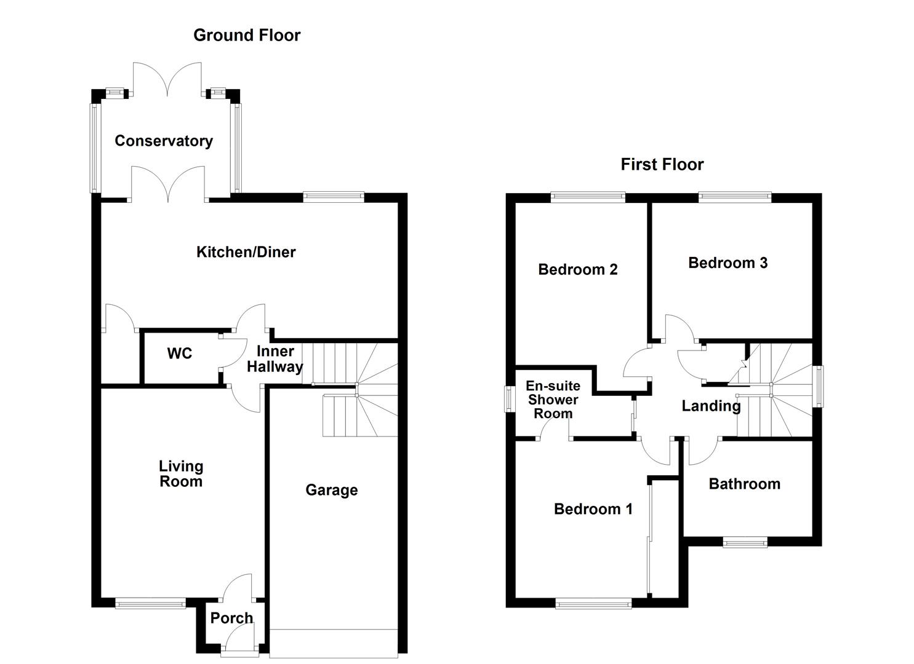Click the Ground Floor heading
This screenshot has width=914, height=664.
(247, 35)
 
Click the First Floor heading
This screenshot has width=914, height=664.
(662, 164)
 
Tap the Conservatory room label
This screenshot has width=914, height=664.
(164, 141)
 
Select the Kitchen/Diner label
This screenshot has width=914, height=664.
(246, 251)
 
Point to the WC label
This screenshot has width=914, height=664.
(179, 354)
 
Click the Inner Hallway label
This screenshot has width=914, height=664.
(275, 359)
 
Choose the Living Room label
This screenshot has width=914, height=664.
(180, 474)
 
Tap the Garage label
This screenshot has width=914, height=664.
(331, 490)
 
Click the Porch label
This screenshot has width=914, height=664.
(231, 618)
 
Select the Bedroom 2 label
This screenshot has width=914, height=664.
(577, 269)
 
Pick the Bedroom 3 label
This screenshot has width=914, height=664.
(728, 263)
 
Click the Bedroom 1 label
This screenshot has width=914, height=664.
(593, 508)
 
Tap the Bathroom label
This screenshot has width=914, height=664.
(744, 484)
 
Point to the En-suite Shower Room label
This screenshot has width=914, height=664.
(553, 400)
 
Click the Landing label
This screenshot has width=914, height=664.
(711, 406)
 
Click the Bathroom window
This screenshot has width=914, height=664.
(745, 542)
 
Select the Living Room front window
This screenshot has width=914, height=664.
(151, 604)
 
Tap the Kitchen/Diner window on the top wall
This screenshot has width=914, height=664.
(334, 197)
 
